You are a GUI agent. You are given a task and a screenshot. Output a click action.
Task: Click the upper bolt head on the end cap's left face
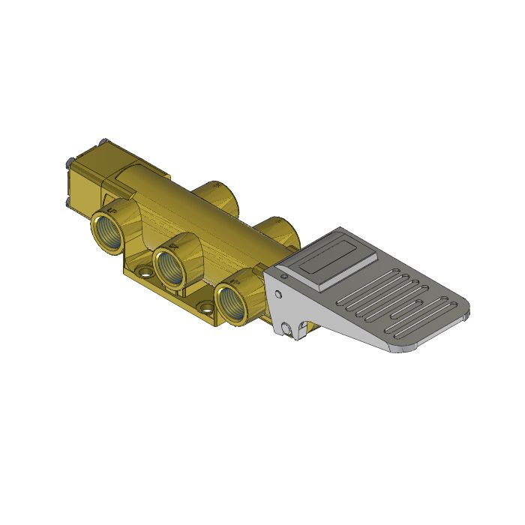(x=69, y=160)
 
